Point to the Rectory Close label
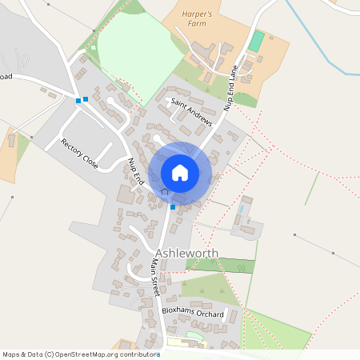point(79,153)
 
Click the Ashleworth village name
point(186,254)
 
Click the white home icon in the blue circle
point(180,173)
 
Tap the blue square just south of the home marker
point(172,207)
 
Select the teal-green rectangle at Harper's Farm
point(256,42)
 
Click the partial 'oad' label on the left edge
point(6,77)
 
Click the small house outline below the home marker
point(166,192)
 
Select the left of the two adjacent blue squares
point(78,100)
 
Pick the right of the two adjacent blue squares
point(86,98)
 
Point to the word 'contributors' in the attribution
point(133,354)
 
